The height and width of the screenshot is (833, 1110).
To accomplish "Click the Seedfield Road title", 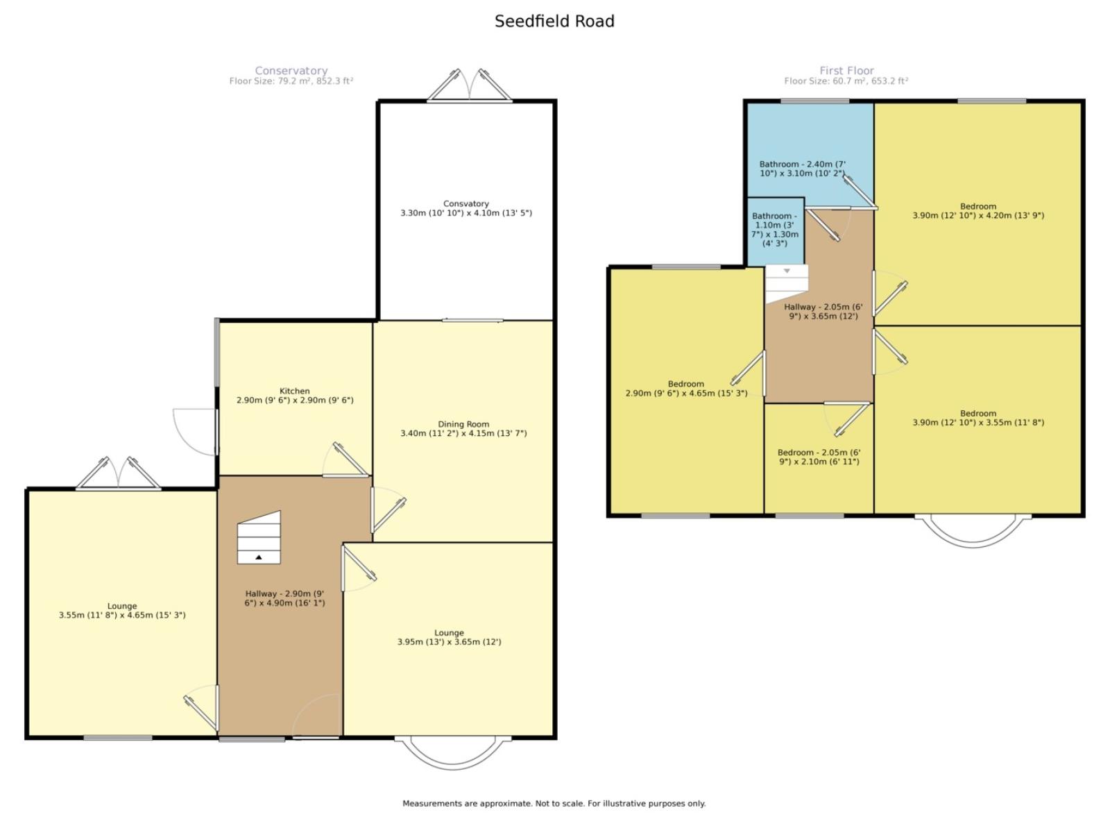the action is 554,22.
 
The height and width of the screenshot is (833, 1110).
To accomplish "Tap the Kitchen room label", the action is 295,396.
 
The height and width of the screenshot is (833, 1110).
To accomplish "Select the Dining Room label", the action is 463,429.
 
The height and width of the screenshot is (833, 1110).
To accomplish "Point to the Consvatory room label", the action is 466,208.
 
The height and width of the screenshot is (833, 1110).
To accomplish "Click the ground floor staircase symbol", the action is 259,537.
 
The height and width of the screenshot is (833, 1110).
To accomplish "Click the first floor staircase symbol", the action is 786,283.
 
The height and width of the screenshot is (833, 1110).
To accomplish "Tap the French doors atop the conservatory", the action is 470,85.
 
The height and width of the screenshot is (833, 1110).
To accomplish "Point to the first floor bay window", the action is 973,531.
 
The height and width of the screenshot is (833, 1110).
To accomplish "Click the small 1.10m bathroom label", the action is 775,230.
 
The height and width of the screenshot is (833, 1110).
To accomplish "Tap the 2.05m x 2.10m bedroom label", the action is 819,457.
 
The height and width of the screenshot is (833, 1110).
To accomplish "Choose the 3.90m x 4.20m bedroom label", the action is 978,211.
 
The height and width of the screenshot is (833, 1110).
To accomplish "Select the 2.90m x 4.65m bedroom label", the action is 686,389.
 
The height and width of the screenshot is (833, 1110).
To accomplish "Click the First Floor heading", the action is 846,71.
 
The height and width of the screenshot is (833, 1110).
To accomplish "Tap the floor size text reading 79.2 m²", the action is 291,81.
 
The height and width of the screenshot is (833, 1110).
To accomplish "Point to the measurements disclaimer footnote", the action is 554,803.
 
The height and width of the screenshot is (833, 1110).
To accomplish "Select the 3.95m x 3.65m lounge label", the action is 449,637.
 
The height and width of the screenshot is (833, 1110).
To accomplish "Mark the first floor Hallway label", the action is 823,312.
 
